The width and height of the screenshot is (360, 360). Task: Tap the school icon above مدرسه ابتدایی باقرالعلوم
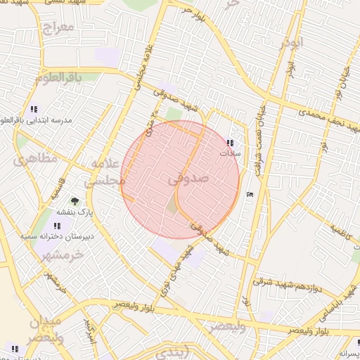[34, 109]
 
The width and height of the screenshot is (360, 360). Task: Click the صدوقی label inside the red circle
[190, 179]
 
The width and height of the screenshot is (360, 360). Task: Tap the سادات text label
[231, 153]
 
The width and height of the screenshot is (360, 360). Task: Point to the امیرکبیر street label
[89, 328]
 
